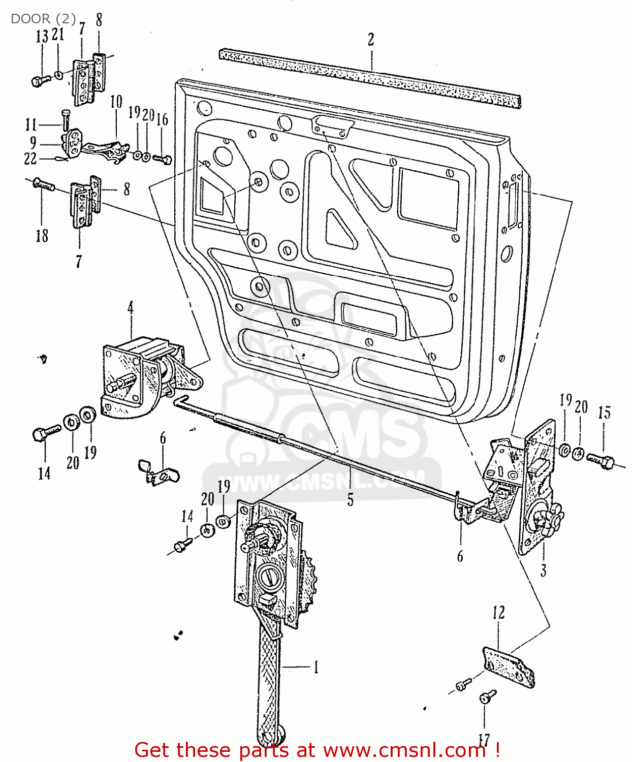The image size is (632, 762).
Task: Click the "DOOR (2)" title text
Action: (x=43, y=19)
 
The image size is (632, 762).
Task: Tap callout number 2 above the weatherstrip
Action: (x=371, y=39)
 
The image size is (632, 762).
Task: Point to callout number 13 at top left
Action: (x=42, y=37)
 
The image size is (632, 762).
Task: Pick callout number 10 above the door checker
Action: (x=116, y=102)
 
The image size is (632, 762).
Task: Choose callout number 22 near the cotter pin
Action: (x=30, y=158)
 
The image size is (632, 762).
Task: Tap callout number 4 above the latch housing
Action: (x=131, y=308)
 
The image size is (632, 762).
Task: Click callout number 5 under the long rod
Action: (x=350, y=499)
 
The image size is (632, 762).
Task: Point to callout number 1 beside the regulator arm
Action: (x=315, y=666)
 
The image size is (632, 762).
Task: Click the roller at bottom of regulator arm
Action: (x=277, y=736)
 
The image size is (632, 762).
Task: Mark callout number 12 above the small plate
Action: (x=498, y=613)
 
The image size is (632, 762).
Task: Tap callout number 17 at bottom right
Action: (x=484, y=740)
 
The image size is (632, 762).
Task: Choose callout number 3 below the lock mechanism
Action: (x=543, y=570)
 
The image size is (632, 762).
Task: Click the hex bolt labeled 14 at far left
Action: (x=45, y=434)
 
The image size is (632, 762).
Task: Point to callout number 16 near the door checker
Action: (x=162, y=119)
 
